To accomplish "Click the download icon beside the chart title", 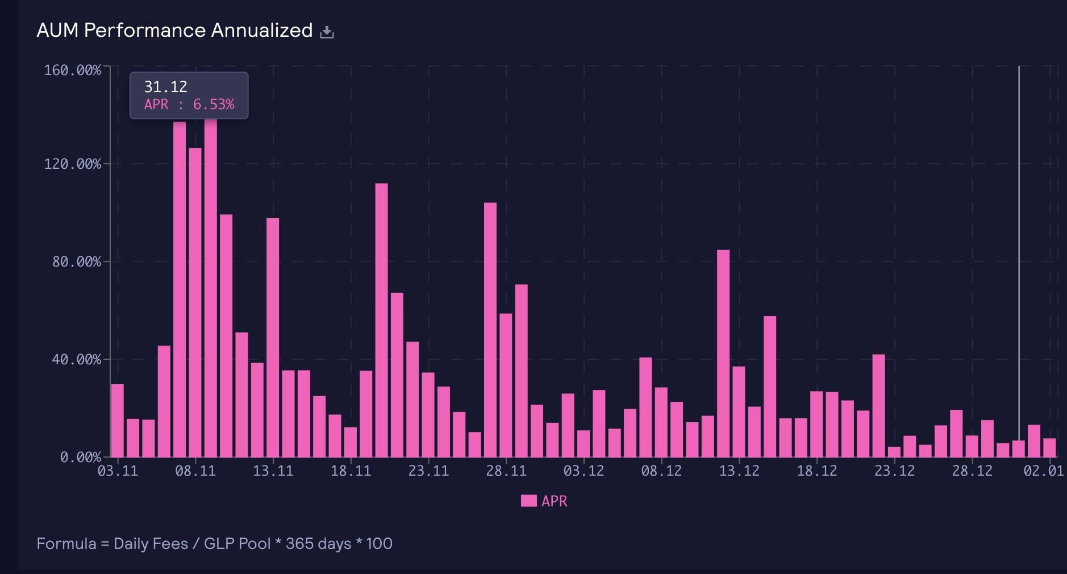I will coord(327,32).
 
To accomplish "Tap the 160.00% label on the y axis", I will coord(72,70).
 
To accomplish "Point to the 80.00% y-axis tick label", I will coord(76,262).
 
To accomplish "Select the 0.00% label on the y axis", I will coord(80,457).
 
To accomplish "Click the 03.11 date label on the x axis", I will coord(118,471).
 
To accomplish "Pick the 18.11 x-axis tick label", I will coord(351,471).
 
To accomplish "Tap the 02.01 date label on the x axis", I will coord(1043,471).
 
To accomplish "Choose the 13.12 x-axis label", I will coord(739,471).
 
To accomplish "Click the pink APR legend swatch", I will coord(528,501).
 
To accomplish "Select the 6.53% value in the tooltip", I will coord(214,105).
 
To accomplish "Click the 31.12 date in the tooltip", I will coord(165,86).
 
